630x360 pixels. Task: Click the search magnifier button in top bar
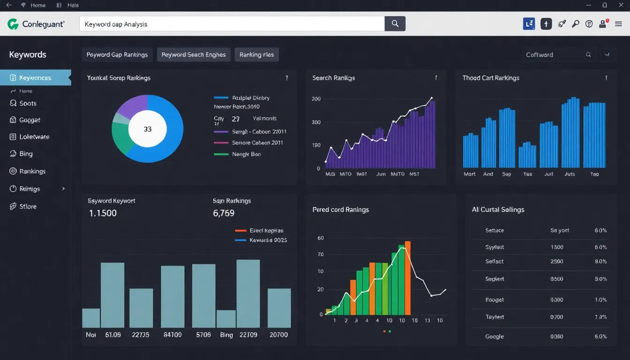pos(395,24)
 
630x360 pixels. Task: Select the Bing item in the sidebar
pos(26,154)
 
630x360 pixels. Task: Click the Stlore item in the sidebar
pos(28,206)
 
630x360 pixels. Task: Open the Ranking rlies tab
pos(256,55)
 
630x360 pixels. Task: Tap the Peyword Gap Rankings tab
pos(117,55)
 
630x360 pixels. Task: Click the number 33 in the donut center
pos(148,129)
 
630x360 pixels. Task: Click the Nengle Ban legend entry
pos(246,154)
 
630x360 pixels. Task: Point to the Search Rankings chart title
pos(333,78)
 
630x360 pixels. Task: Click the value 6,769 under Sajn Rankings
pos(224,213)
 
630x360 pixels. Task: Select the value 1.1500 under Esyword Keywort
pos(103,213)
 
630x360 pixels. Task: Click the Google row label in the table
pos(495,337)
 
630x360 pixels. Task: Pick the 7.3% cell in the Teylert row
pos(600,317)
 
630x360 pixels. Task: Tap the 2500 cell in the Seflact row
pos(557,262)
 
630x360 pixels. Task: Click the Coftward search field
pos(553,55)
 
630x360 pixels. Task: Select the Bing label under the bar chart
pos(226,335)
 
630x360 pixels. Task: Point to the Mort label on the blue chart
pos(470,174)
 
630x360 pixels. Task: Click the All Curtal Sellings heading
pos(498,210)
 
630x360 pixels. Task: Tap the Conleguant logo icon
pos(13,24)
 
